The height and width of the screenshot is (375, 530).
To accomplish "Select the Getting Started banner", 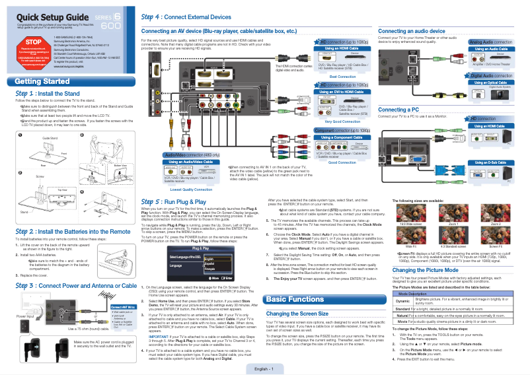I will click(42, 82).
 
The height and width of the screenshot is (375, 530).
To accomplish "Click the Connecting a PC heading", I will click(400, 109).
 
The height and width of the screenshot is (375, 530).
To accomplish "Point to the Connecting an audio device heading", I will click(411, 31).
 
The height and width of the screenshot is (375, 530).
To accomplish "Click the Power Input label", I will click(24, 316).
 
